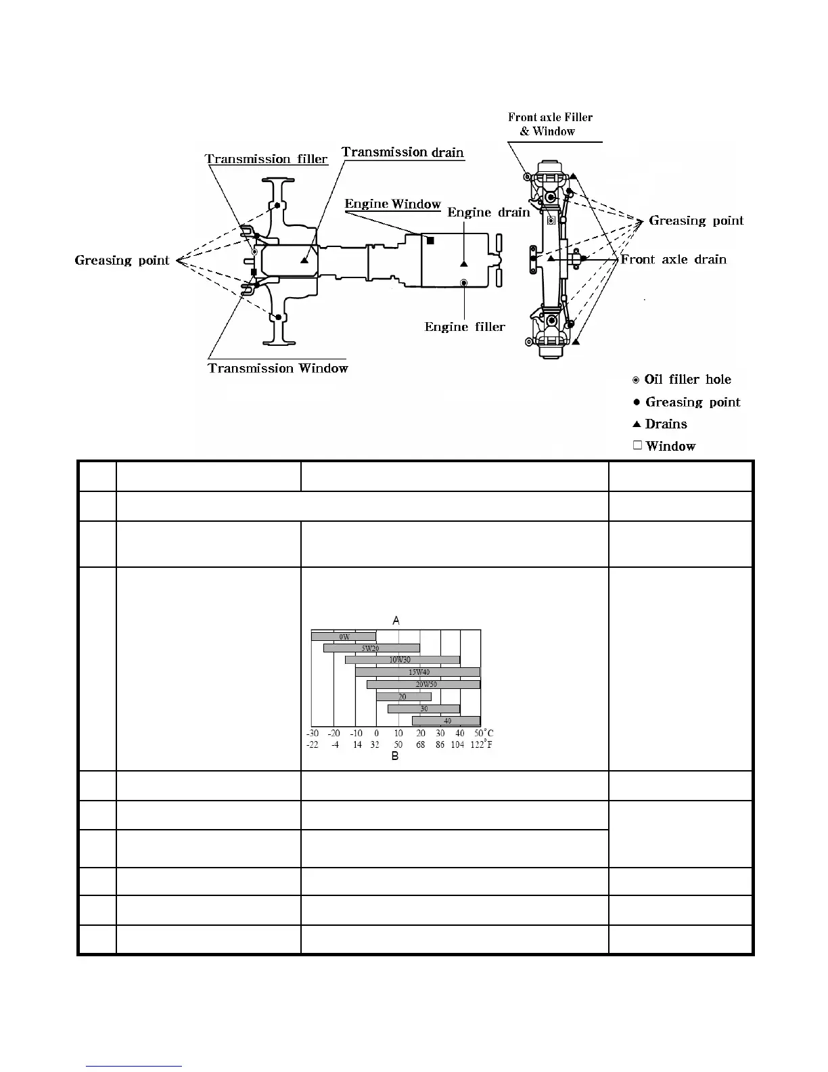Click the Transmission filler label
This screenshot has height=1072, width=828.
(267, 159)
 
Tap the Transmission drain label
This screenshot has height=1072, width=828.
(403, 152)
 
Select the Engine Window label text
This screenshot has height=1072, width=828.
(392, 204)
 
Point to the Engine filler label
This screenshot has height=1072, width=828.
(465, 327)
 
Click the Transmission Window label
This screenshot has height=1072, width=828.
(278, 368)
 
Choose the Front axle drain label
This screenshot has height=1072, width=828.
(674, 259)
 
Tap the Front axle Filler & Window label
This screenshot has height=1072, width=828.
(550, 124)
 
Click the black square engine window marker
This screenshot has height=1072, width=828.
(430, 240)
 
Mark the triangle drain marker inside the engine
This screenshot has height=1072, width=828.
(464, 263)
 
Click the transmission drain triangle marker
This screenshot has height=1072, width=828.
(305, 259)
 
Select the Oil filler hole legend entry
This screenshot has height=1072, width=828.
(682, 380)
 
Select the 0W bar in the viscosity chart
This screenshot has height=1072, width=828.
(344, 637)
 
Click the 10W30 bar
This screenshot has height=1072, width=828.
(402, 660)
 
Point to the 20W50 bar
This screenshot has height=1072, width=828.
(423, 684)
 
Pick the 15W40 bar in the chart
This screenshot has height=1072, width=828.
(418, 672)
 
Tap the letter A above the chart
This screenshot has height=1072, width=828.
(396, 620)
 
